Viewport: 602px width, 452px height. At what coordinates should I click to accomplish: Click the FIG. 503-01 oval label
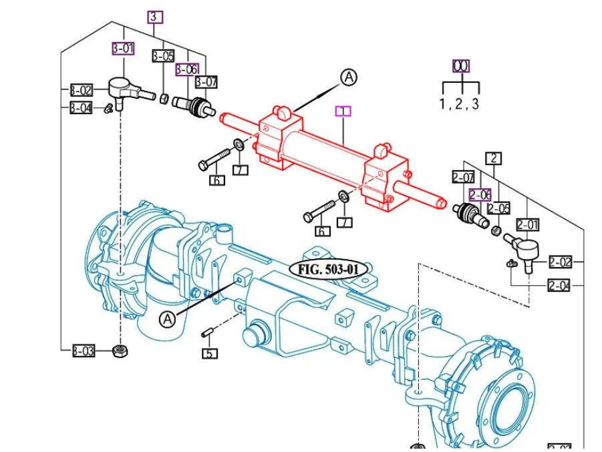tap(329, 269)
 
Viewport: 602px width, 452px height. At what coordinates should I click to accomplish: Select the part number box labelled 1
tap(343, 111)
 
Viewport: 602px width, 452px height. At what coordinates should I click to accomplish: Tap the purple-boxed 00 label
tap(461, 65)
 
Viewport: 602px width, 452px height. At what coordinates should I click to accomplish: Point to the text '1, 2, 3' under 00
tap(459, 103)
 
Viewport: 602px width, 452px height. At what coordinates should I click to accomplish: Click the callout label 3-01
tap(122, 48)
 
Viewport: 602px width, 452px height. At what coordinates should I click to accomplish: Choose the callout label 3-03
tap(83, 351)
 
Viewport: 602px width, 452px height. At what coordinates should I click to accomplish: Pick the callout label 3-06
tap(187, 69)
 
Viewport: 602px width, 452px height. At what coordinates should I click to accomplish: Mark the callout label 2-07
tap(462, 178)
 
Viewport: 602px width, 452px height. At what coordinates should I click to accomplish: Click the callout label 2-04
tap(560, 286)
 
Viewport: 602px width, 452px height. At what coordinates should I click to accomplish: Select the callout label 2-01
tap(527, 225)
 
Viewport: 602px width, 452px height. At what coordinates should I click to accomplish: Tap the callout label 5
tap(210, 353)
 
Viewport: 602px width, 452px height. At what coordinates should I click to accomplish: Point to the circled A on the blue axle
tap(167, 320)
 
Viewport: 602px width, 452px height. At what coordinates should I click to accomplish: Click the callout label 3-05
tap(163, 56)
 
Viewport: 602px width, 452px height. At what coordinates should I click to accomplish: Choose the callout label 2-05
tap(498, 208)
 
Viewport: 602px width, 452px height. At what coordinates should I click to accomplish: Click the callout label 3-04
tap(82, 107)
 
